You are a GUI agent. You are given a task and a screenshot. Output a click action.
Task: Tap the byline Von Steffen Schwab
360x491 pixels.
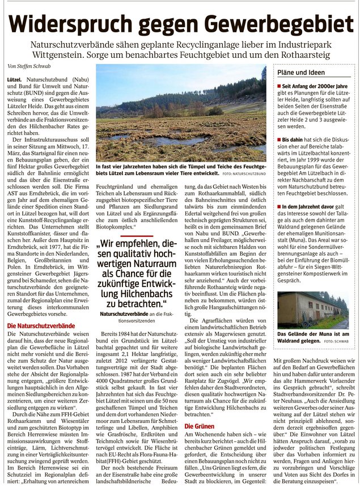[30, 65]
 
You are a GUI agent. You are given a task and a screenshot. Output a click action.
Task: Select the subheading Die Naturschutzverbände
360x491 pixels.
[40, 327]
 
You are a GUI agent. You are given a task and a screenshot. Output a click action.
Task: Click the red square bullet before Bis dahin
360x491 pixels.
[278, 138]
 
